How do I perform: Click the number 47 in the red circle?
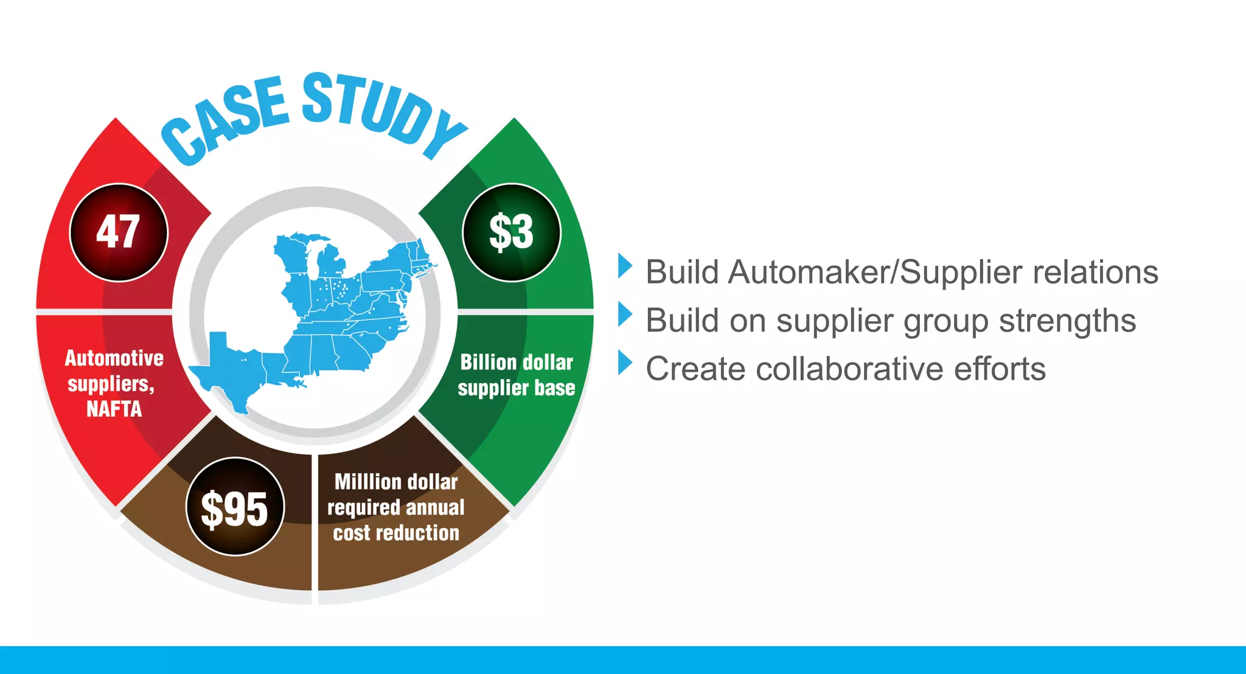point(118,232)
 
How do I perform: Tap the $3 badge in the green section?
point(511,232)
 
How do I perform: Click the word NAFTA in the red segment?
point(114,409)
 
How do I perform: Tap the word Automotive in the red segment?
point(114,358)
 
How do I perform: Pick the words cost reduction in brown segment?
point(396,533)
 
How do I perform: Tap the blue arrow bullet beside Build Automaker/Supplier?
point(624,266)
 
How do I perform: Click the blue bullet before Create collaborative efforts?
point(624,363)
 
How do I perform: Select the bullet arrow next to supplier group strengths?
point(624,314)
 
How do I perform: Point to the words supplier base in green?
point(516,388)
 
